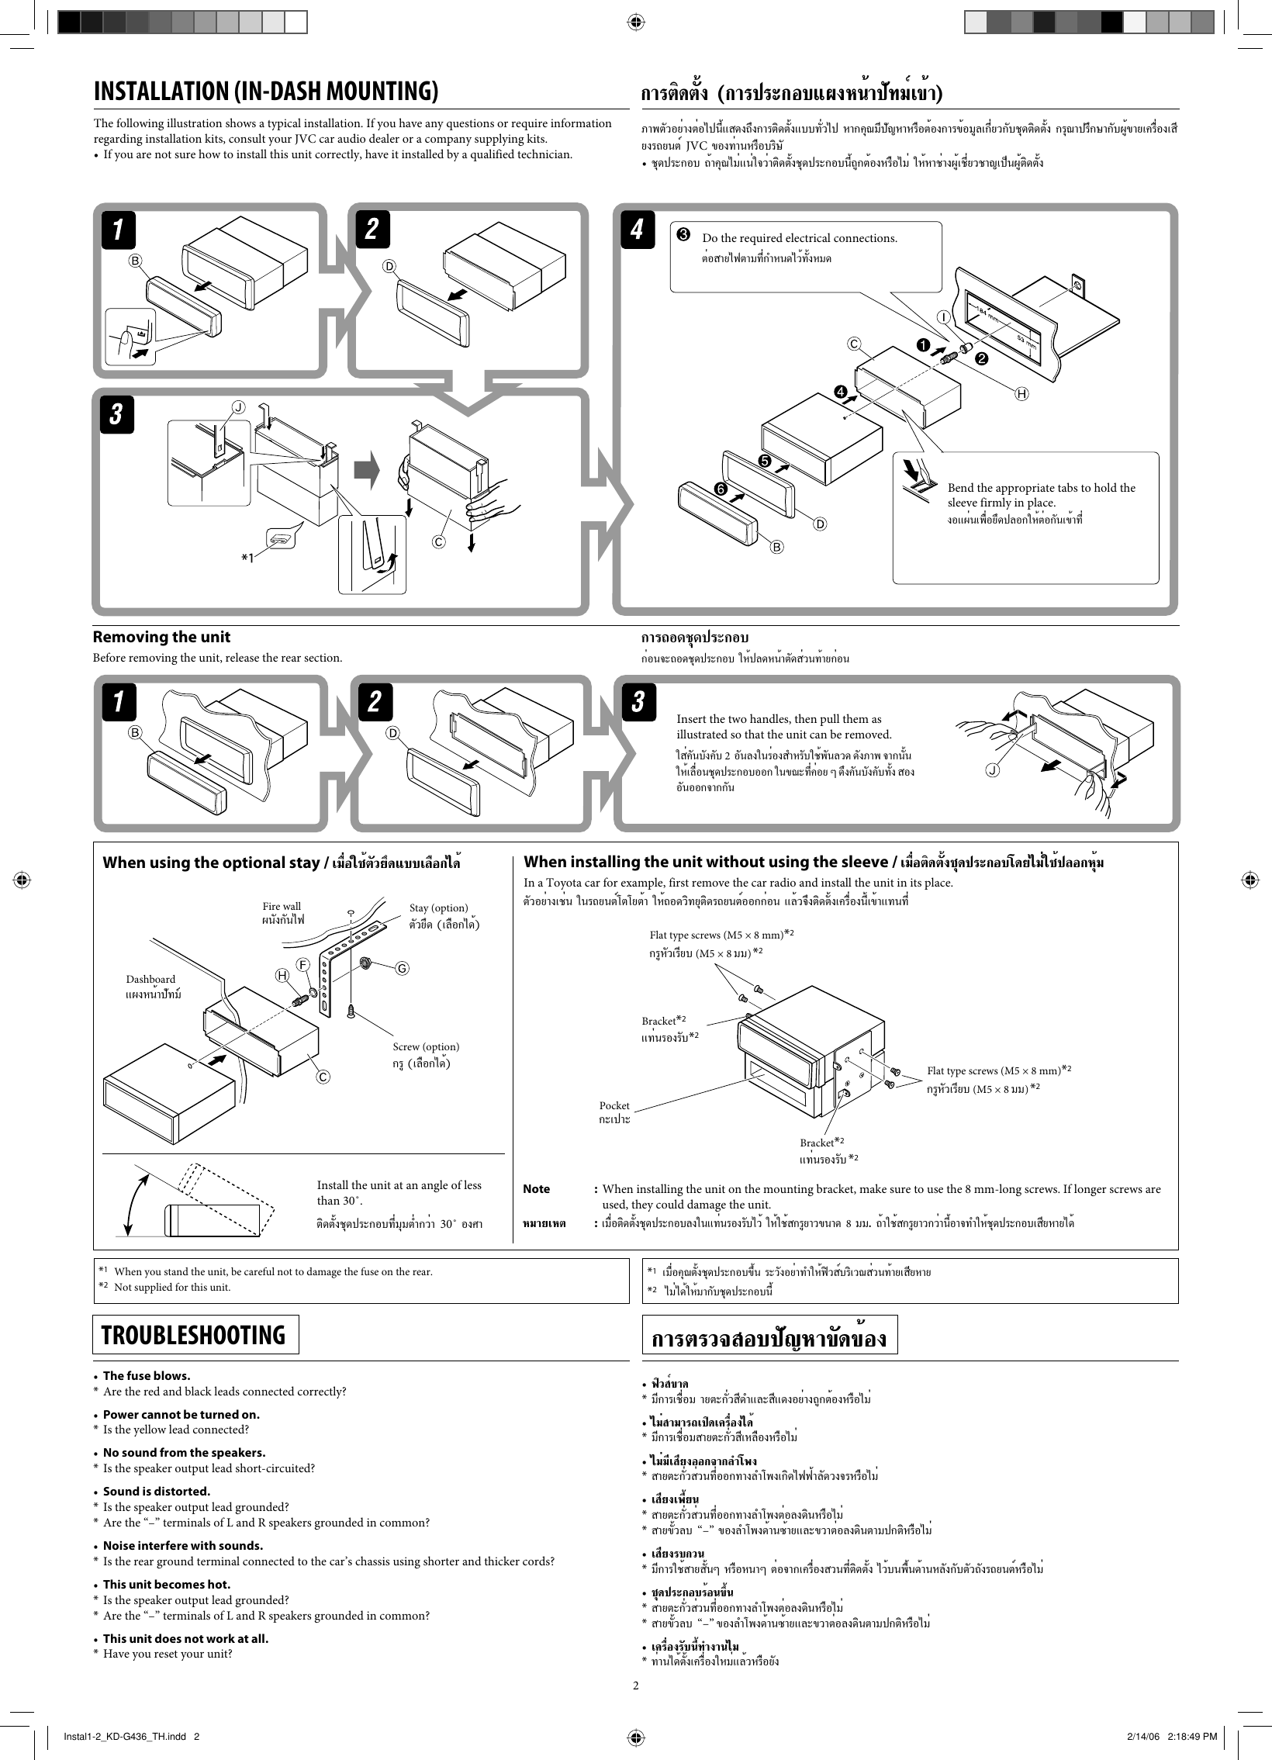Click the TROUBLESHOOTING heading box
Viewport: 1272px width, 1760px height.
click(195, 1335)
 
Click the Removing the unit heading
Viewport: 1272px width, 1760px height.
click(161, 637)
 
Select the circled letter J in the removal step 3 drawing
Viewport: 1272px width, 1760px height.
click(992, 769)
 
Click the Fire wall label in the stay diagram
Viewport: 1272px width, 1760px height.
click(282, 907)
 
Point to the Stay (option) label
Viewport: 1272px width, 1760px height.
click(438, 908)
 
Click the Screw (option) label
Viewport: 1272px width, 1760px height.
click(426, 1047)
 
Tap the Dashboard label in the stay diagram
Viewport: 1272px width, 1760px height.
click(150, 980)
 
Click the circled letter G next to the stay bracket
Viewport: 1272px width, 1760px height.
click(402, 969)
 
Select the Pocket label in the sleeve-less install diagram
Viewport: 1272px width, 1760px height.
click(614, 1105)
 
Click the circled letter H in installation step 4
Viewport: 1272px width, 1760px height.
click(1022, 394)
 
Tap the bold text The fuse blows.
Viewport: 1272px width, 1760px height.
click(147, 1376)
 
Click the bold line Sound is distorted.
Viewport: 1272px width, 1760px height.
click(157, 1492)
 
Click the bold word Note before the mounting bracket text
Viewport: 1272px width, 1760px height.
click(536, 1189)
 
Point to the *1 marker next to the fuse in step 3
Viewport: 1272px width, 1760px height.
click(247, 557)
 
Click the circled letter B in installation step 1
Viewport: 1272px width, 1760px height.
click(136, 261)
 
